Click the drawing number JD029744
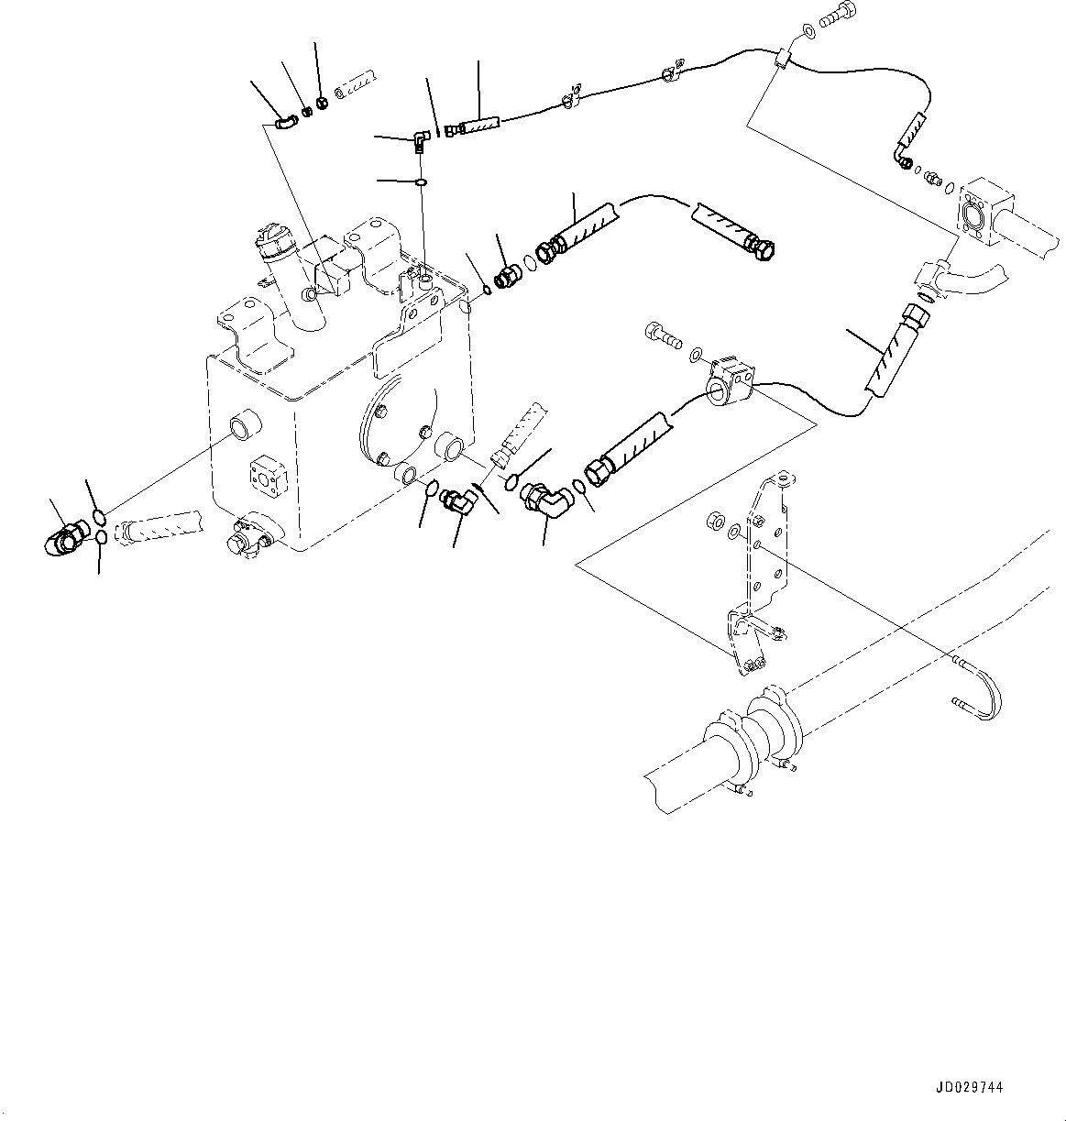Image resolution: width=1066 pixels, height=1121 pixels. click(x=971, y=1088)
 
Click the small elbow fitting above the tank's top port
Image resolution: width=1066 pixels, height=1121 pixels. click(x=420, y=139)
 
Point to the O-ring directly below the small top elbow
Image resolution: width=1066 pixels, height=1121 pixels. click(x=421, y=182)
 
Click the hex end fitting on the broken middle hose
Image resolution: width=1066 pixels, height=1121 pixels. click(x=763, y=242)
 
